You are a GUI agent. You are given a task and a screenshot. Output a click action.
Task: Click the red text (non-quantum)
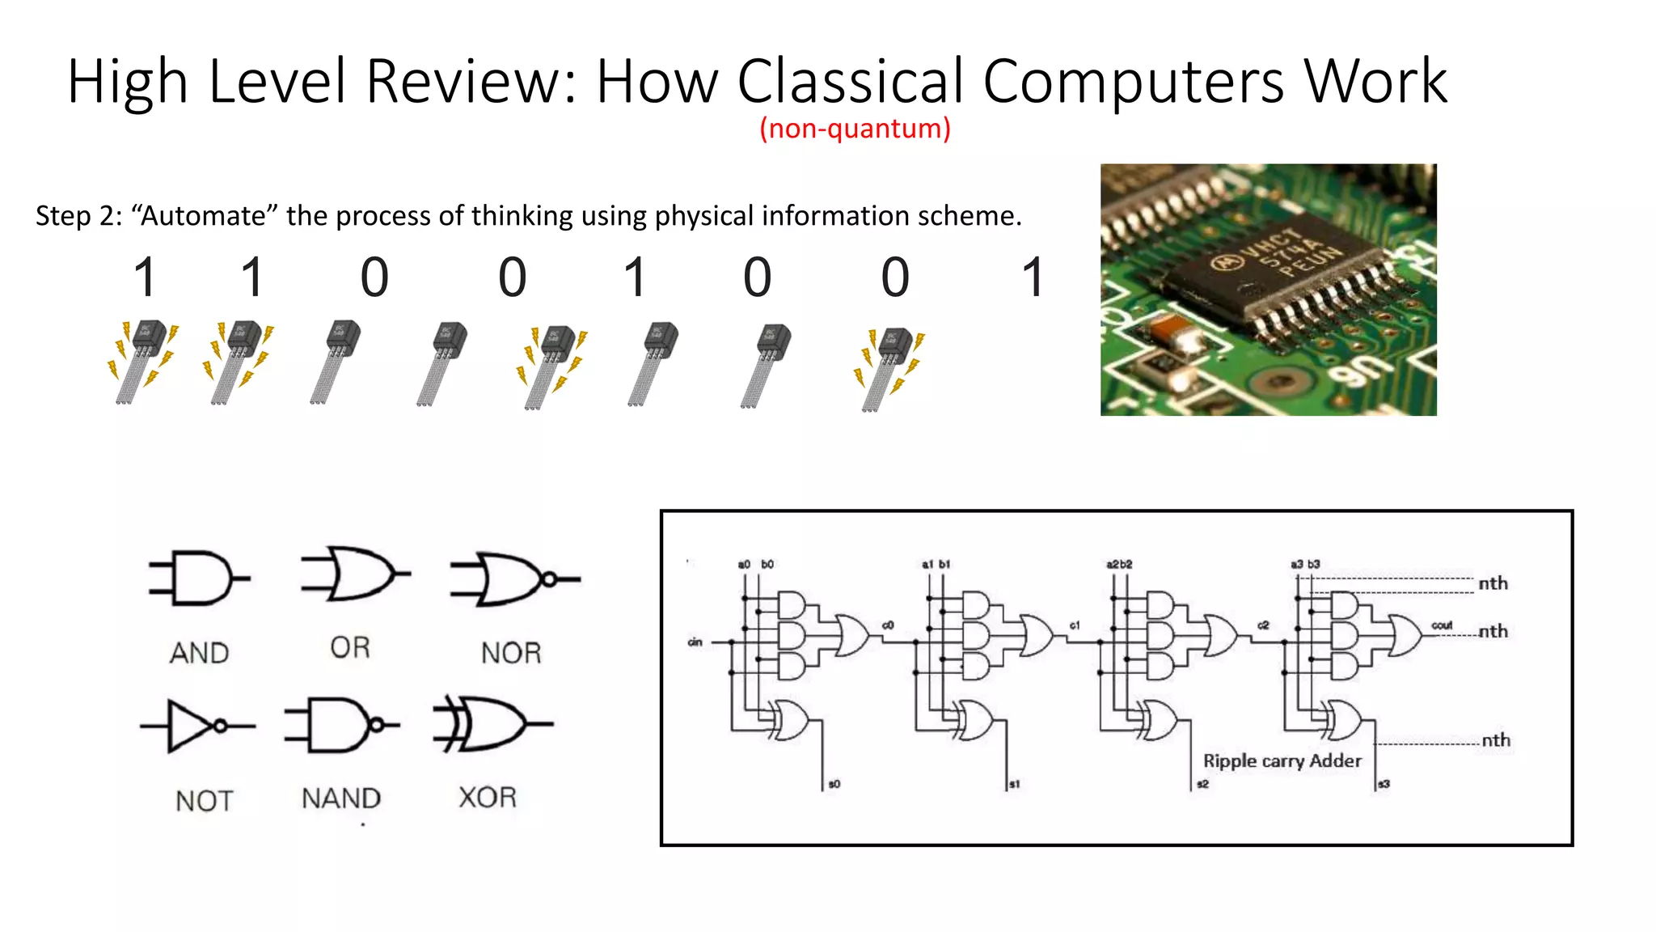855,129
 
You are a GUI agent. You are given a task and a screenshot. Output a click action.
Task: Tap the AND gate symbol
199,578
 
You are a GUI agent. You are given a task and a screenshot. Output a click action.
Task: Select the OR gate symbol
354,574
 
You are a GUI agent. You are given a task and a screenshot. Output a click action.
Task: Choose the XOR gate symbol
490,723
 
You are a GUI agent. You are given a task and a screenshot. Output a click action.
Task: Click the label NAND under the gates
340,799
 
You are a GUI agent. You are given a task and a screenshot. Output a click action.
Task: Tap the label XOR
488,798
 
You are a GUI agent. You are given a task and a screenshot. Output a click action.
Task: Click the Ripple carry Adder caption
1282,760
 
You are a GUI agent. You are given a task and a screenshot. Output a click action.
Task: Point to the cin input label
695,642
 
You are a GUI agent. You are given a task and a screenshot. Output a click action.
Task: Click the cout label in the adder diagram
1442,625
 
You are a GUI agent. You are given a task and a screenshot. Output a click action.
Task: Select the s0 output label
834,784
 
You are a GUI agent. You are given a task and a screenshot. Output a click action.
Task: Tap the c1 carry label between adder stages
1075,625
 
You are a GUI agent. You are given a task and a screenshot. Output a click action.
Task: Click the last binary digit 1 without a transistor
1033,277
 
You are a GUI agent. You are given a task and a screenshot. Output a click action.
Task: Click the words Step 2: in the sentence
78,216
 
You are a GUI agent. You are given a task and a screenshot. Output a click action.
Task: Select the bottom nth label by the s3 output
1496,740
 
